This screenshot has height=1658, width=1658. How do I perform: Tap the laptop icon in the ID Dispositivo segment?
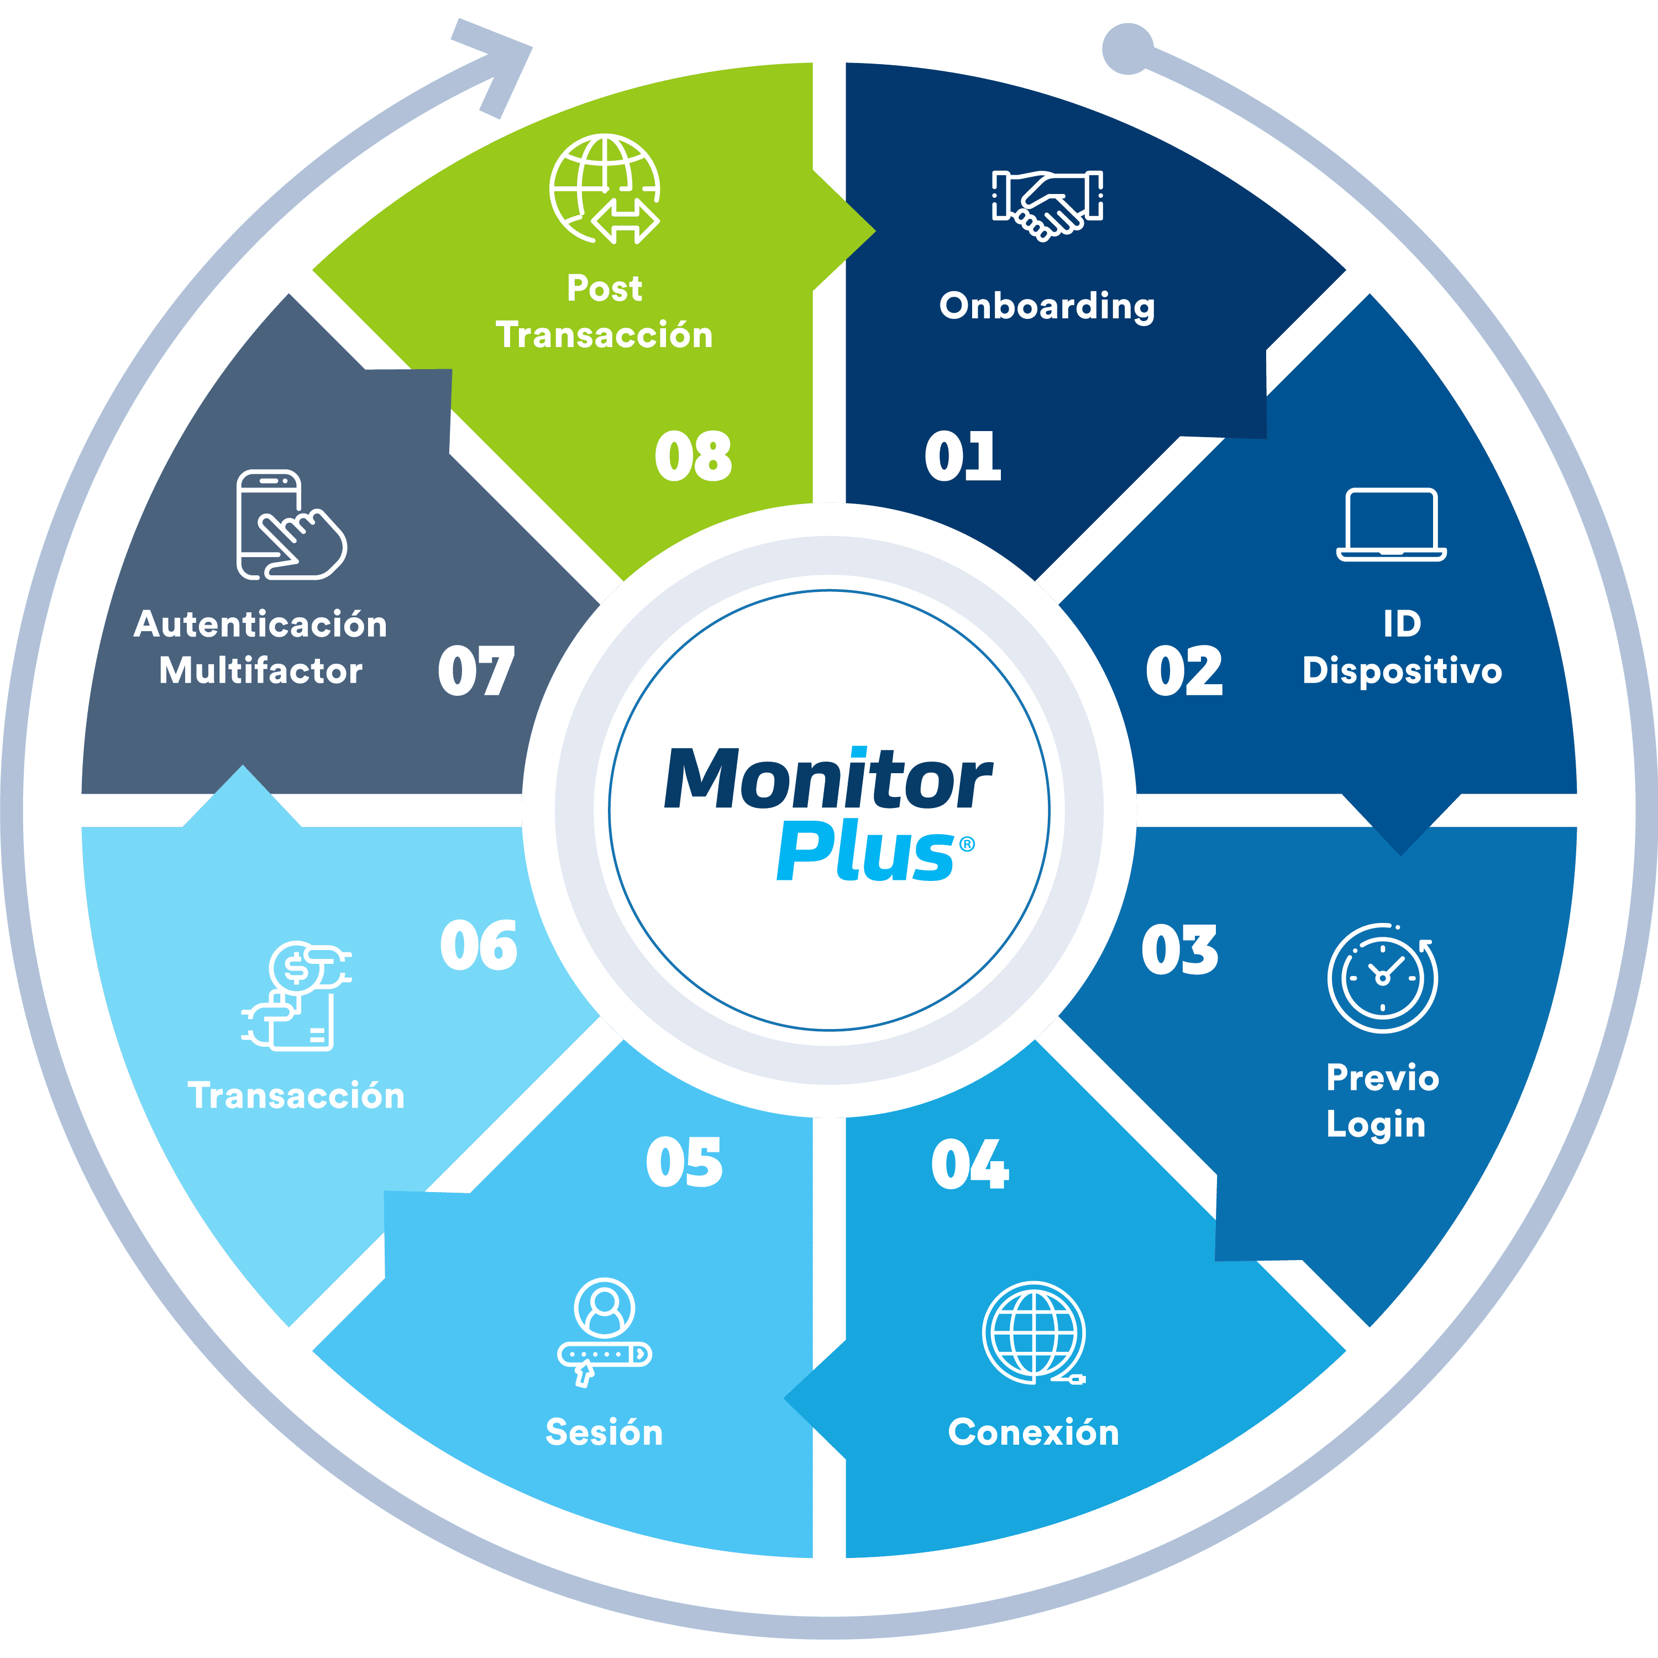[x=1391, y=525]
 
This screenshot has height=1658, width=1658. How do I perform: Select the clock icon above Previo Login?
[x=1383, y=978]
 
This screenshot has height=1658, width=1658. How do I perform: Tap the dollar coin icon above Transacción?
[x=297, y=995]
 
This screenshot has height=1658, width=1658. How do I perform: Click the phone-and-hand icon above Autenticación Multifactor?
[x=290, y=524]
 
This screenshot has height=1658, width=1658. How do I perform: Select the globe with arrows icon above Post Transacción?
[x=605, y=189]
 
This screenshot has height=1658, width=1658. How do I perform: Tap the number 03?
[x=1179, y=951]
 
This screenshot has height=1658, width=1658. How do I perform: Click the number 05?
[x=684, y=1163]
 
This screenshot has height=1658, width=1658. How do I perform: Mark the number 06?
[x=478, y=946]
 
